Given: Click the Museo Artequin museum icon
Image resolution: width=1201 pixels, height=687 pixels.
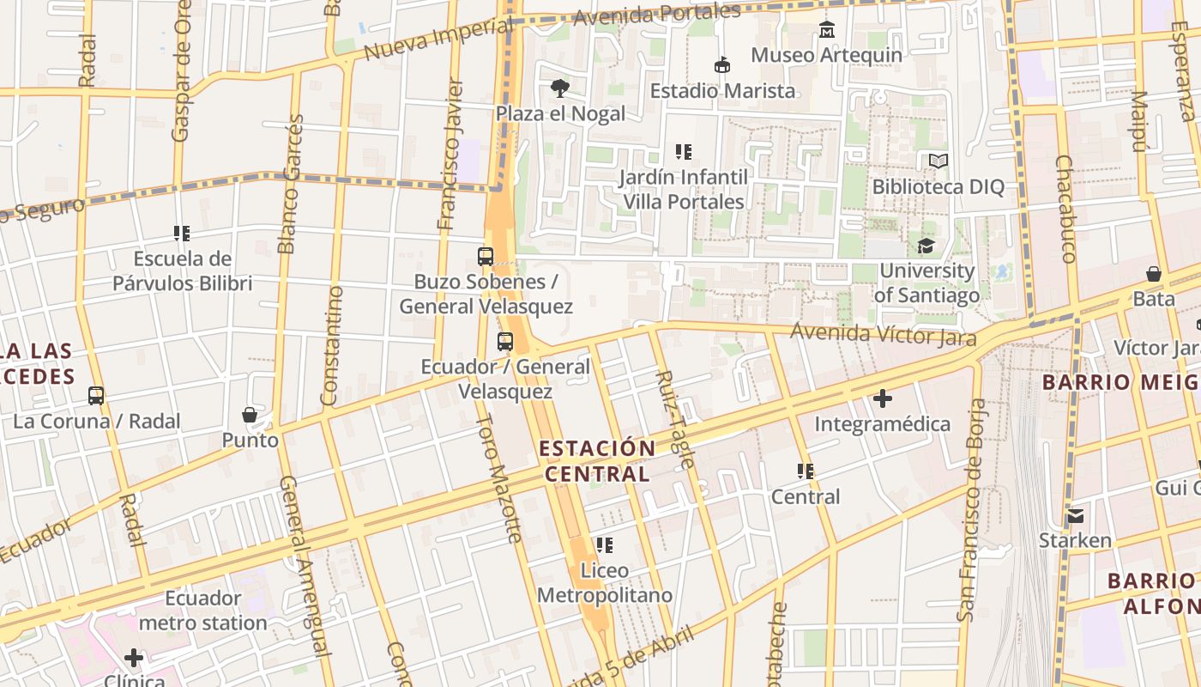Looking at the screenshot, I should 826,29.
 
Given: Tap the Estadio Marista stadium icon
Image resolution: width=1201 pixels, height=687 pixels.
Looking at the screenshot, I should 722,65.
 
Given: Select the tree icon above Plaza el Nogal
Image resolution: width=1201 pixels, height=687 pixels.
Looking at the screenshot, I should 560,88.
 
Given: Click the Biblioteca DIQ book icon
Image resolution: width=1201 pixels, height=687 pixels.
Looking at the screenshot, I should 938,161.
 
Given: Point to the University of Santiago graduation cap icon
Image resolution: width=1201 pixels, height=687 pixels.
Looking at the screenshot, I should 926,246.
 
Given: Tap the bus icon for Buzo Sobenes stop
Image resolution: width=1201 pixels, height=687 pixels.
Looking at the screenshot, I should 486,256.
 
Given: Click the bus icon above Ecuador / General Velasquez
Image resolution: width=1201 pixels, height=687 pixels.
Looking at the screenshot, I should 505,342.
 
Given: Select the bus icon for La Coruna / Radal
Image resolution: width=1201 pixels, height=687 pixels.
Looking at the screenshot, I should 96,396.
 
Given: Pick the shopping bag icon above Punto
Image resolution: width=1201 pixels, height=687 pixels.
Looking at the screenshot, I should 250,416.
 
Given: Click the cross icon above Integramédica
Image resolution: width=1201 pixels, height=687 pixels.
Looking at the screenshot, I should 882,398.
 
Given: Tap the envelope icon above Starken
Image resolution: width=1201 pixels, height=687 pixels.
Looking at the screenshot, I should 1075,516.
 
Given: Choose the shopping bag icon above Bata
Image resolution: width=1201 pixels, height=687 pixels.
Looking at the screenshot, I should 1154,274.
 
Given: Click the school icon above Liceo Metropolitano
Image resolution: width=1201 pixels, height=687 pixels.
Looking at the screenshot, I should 605,545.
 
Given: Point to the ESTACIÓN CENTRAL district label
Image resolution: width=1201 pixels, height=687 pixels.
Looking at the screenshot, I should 597,461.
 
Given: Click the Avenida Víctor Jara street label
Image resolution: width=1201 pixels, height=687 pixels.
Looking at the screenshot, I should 883,333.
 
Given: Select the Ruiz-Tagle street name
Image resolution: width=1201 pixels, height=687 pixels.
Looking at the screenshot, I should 675,419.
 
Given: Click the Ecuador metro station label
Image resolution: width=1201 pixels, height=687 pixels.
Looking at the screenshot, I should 202,611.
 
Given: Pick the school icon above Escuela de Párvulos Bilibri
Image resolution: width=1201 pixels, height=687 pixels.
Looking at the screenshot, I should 182,233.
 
